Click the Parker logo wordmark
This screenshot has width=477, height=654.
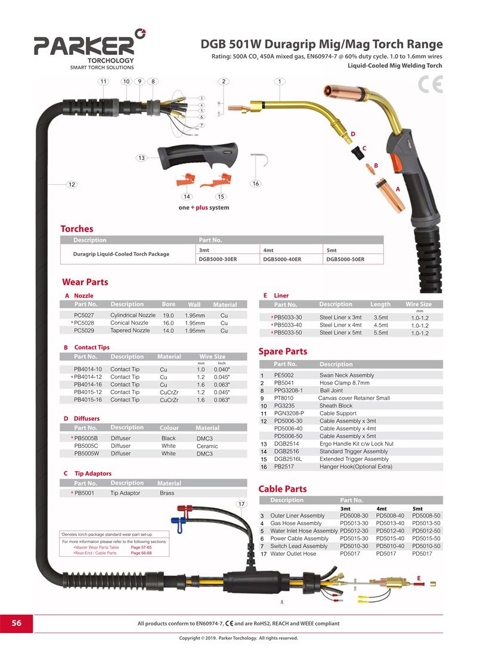85,45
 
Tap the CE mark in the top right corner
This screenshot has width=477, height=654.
430,85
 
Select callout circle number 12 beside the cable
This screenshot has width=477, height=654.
72,184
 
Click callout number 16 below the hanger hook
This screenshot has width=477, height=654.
255,184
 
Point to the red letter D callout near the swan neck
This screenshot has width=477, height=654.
353,134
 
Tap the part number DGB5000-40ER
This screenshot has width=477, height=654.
282,259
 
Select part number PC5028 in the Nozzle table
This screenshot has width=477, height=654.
84,323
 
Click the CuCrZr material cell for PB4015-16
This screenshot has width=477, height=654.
169,400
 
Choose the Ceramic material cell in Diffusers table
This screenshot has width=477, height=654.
207,447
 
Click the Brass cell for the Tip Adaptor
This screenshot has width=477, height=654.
167,493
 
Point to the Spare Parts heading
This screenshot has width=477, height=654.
283,352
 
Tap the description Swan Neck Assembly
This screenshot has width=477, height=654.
347,376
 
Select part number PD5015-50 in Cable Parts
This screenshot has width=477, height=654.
426,538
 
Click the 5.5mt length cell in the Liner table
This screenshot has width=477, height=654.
380,333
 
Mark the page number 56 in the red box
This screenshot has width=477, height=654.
16,623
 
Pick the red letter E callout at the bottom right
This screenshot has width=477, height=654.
419,578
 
